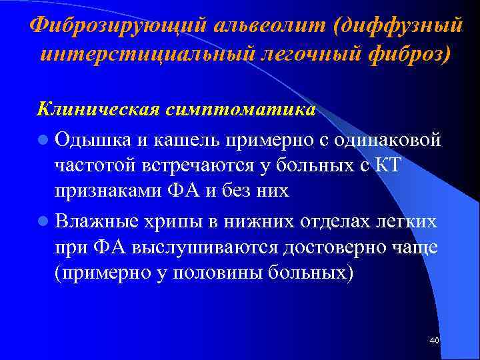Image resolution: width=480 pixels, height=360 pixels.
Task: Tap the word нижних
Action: [261, 220]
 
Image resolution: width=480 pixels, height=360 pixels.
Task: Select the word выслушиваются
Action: [207, 247]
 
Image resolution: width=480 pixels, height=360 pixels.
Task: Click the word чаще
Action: [414, 247]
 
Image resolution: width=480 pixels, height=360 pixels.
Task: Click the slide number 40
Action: [435, 341]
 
